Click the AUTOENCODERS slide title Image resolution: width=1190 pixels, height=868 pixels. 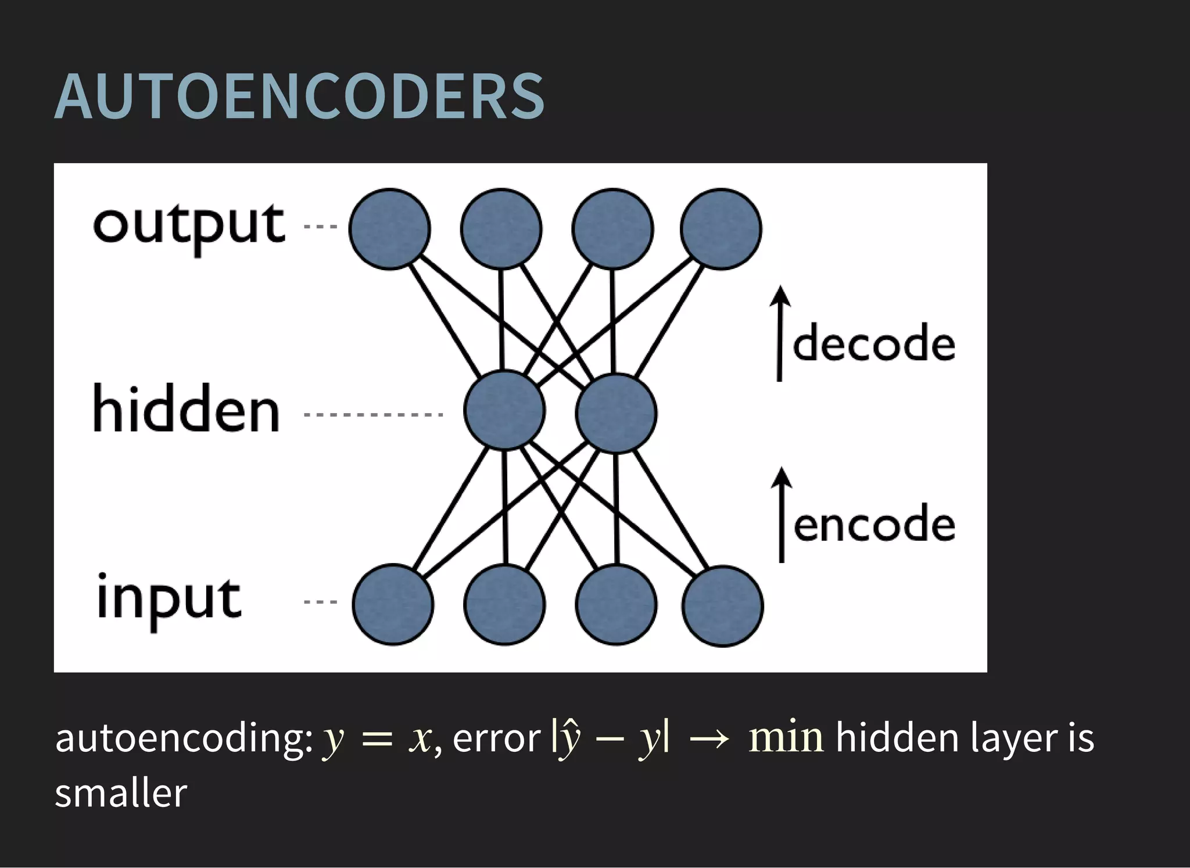click(299, 96)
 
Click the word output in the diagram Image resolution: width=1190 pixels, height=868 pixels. click(189, 227)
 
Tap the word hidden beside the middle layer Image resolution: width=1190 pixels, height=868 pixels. click(187, 410)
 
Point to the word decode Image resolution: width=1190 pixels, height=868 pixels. click(873, 344)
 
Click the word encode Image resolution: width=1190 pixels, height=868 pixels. click(874, 525)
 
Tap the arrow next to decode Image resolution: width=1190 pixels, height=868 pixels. click(780, 333)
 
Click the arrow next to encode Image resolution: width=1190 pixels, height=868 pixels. click(782, 515)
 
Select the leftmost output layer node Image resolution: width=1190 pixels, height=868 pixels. click(389, 229)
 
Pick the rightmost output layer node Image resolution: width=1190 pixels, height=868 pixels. click(721, 229)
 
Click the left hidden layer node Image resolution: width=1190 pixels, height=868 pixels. click(504, 410)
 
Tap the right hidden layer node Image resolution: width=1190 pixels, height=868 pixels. click(616, 413)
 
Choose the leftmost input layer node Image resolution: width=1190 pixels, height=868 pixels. click(393, 605)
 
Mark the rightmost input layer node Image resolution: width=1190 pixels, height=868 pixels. click(723, 606)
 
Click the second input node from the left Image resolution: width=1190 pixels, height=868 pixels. click(504, 605)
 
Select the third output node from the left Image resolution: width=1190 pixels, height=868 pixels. click(612, 229)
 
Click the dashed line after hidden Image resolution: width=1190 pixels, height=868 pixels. click(374, 415)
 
